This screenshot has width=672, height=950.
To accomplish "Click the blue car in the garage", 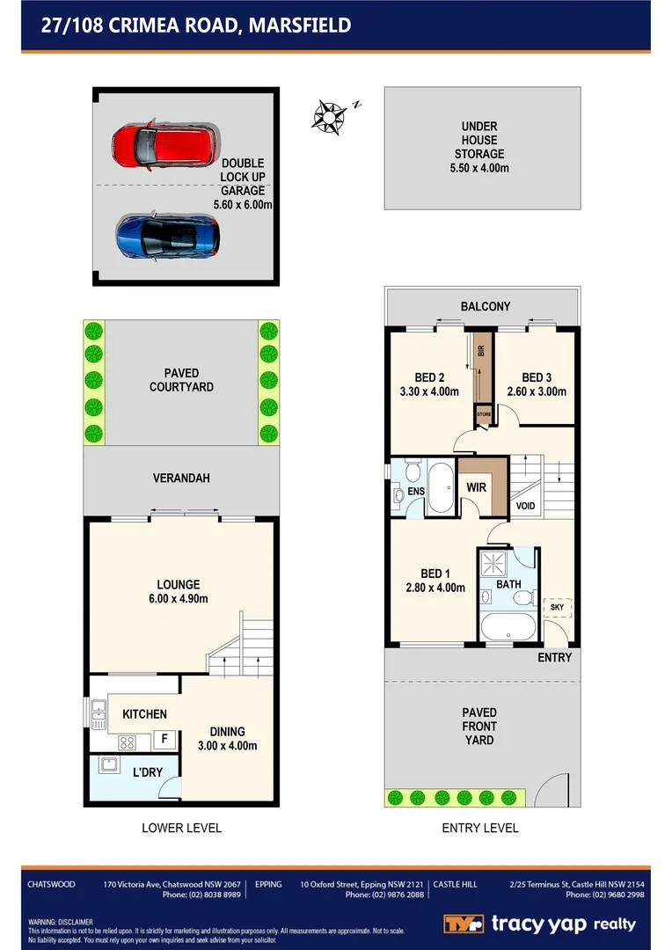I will click(x=167, y=235).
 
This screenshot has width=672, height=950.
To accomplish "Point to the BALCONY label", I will click(x=485, y=307).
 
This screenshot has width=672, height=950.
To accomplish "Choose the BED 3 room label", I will click(x=536, y=377).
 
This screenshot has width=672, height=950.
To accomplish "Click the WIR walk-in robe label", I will click(x=478, y=486).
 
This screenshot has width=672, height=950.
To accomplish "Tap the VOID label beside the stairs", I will click(x=525, y=506).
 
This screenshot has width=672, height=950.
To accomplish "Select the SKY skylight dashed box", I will click(x=557, y=607).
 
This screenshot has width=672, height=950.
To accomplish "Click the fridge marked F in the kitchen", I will click(x=164, y=740).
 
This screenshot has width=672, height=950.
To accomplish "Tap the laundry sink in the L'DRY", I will click(x=110, y=765).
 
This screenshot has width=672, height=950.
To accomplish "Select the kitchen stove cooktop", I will click(x=128, y=742).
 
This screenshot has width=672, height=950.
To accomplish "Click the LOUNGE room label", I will click(x=179, y=584).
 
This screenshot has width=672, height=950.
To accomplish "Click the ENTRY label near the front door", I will click(x=554, y=657).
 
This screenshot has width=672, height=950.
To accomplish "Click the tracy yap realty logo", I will click(x=538, y=924).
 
